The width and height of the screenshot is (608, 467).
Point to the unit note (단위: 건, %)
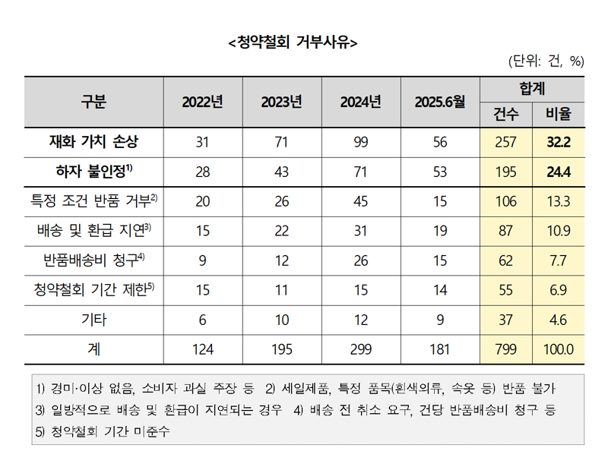tap(545, 62)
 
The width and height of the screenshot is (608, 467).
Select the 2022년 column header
tap(202, 102)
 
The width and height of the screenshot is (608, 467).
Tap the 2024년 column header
tap(360, 102)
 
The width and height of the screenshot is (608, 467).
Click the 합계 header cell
tap(533, 89)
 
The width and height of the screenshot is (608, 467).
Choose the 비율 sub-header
tap(559, 115)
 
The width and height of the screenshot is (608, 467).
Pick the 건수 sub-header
tap(506, 115)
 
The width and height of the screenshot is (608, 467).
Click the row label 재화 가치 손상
tap(94, 142)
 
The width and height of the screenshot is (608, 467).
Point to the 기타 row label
tap(94, 320)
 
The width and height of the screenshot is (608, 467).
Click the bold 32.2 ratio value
tap(559, 142)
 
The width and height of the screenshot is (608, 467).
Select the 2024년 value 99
tap(360, 142)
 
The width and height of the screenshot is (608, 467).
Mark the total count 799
tap(506, 349)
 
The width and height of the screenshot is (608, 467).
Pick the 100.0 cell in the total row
tap(559, 349)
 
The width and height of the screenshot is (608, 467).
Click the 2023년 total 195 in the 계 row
tap(281, 349)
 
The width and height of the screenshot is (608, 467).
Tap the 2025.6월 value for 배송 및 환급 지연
tap(439, 231)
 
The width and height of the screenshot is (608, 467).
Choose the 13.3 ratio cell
tap(559, 201)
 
